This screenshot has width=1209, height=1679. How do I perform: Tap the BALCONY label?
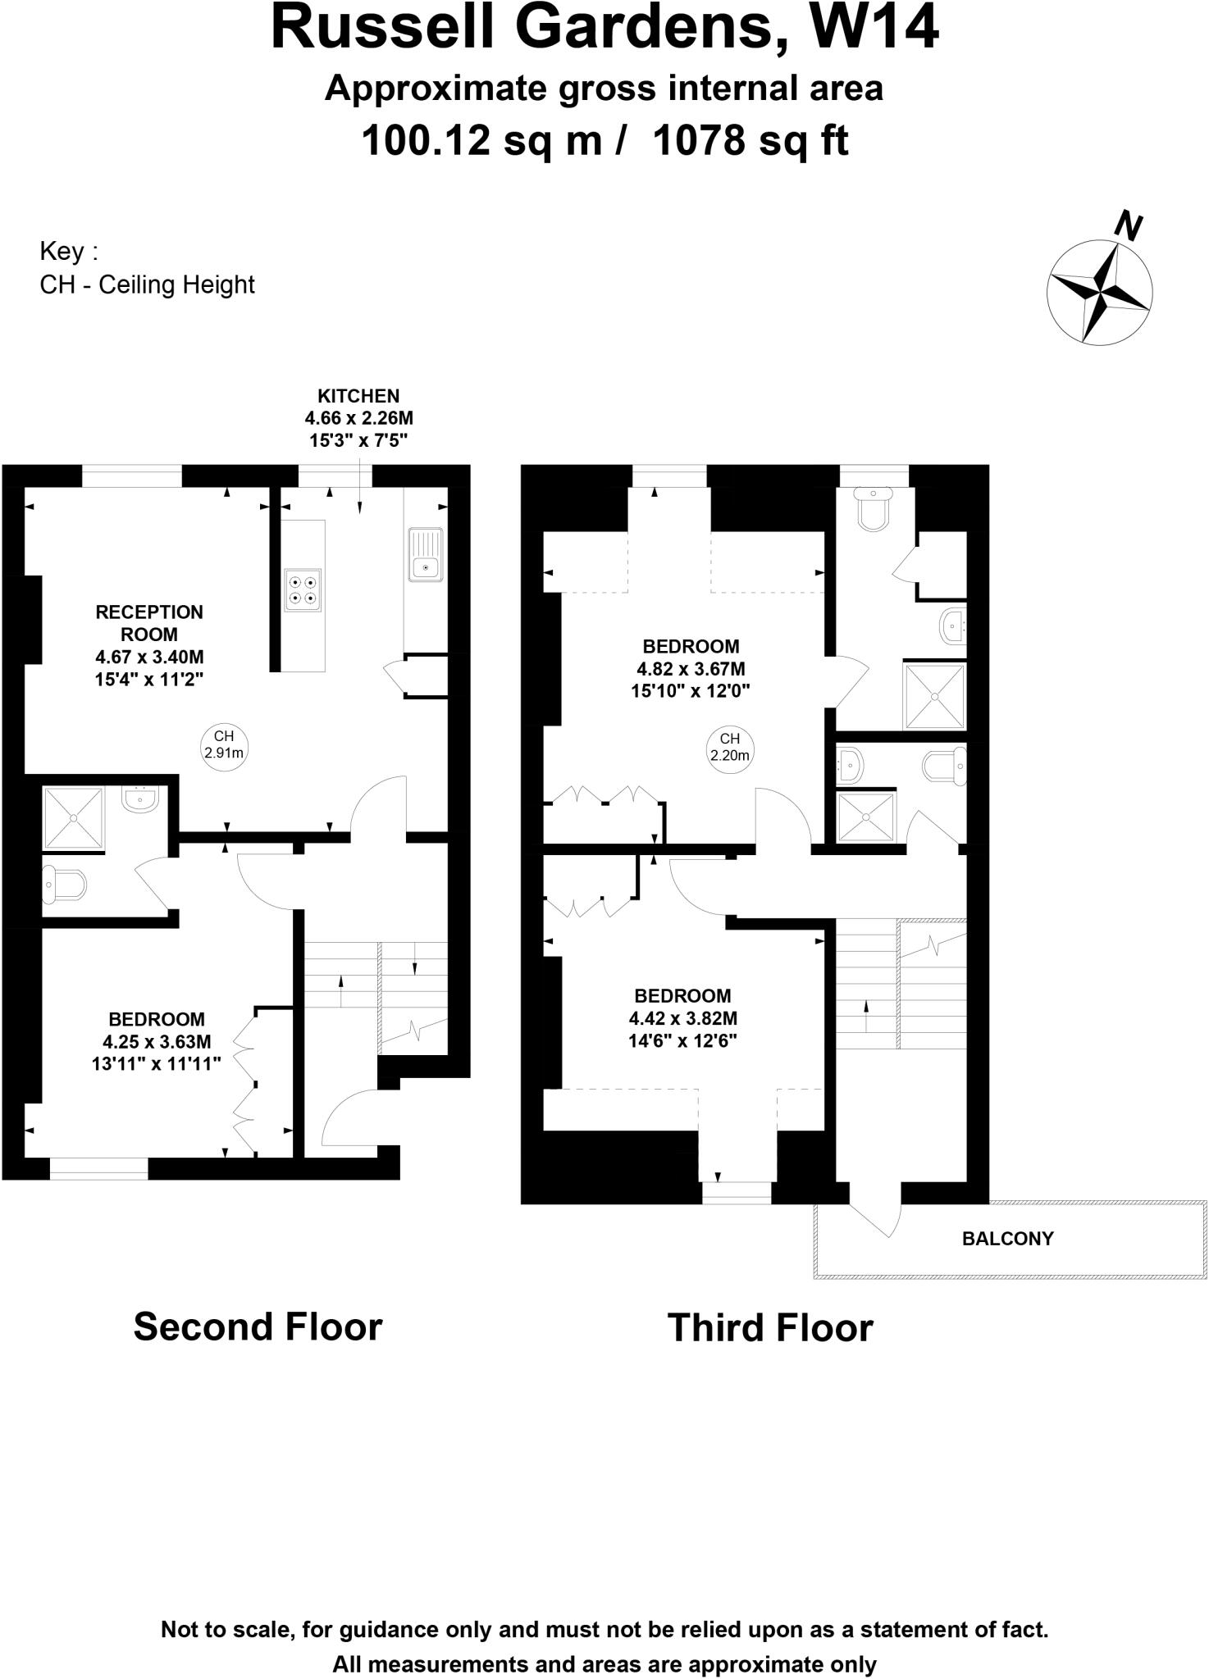[x=1007, y=1239]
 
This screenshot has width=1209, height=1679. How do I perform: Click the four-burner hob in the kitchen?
[x=302, y=589]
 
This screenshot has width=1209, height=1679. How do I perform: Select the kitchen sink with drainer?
[x=425, y=555]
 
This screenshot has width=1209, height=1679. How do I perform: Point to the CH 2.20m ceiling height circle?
[x=729, y=747]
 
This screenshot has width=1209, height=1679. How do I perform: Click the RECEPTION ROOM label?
[x=148, y=623]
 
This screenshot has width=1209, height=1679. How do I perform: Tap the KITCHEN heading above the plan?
[x=358, y=397]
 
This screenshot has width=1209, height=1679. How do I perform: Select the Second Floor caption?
[x=258, y=1326]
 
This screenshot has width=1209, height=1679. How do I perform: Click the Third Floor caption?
[x=770, y=1328]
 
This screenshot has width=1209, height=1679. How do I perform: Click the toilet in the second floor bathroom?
[x=65, y=885]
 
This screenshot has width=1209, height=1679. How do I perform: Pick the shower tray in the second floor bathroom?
[x=74, y=817]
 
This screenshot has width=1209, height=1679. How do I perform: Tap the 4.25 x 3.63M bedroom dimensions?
[x=157, y=1042]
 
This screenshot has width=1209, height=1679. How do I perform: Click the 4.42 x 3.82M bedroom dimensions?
[x=682, y=1019]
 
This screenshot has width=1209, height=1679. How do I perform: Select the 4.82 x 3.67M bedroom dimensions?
[x=691, y=669]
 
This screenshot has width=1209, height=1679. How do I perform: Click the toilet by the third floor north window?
[x=872, y=510]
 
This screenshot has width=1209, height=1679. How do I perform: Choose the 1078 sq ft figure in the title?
[x=750, y=141]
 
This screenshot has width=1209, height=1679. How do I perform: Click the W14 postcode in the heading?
[x=874, y=29]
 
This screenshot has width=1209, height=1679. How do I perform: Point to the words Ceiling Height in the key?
[x=176, y=285]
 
